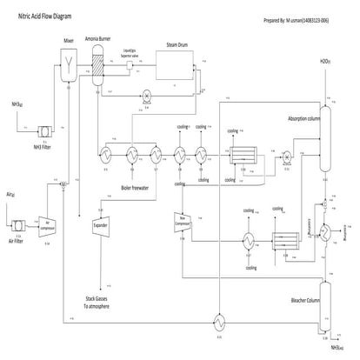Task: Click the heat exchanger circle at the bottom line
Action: [x=219, y=321]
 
